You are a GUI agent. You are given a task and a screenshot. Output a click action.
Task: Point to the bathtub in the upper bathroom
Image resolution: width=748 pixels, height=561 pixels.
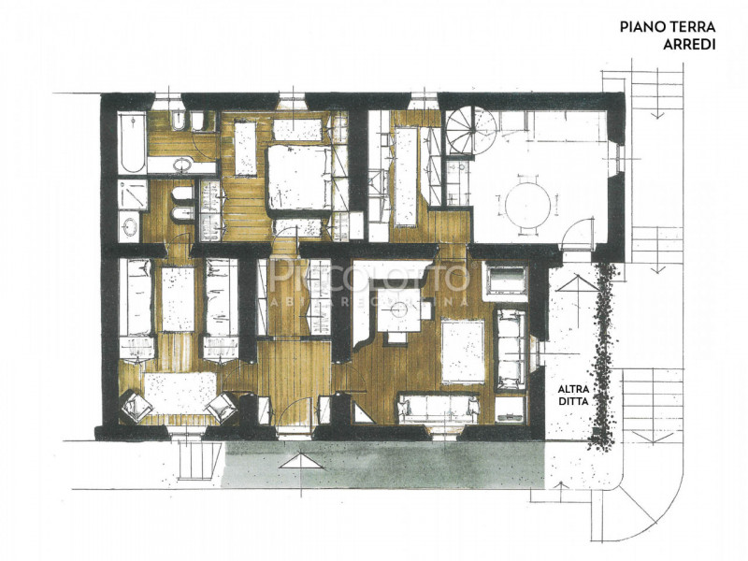pyautogui.click(x=132, y=142)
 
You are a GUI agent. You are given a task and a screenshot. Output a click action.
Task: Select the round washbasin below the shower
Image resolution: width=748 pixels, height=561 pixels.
pyautogui.click(x=130, y=224)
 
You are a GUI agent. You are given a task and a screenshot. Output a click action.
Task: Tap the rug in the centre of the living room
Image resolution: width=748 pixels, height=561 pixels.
pyautogui.click(x=463, y=352)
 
